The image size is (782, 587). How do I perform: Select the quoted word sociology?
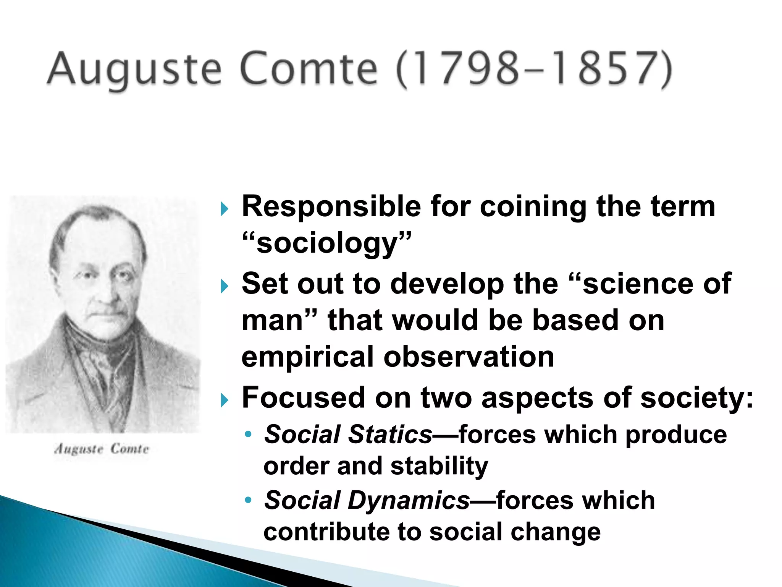[327, 243]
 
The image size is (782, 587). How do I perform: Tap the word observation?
[469, 357]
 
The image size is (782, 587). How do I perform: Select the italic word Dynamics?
[409, 500]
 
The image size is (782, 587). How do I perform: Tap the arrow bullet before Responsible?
[225, 209]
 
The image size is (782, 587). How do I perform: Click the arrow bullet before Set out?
[225, 286]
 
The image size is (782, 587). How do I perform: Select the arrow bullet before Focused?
[225, 400]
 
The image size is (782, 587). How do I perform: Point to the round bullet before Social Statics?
[248, 435]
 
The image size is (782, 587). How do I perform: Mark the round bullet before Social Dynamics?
[248, 500]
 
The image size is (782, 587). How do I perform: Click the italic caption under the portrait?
[102, 449]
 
